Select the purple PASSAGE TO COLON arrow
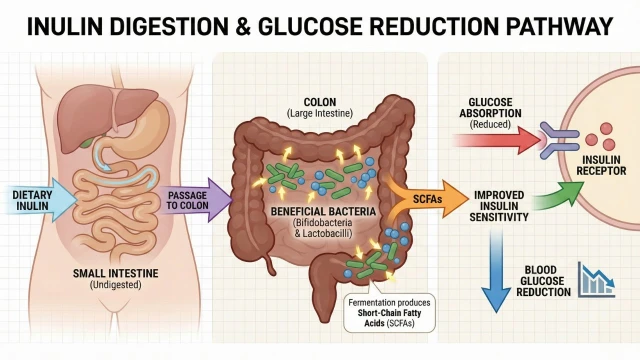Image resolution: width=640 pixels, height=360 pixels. click(195, 200)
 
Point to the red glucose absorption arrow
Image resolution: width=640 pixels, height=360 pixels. click(498, 141)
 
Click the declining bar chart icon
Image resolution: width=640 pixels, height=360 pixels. click(596, 280)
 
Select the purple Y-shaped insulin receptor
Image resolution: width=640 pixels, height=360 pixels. click(559, 140)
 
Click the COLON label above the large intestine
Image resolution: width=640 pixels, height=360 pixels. click(320, 102)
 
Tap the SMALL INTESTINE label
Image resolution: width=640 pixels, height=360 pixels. click(116, 273)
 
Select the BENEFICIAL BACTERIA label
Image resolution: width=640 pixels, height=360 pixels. click(323, 211)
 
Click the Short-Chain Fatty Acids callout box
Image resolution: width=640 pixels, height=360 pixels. click(389, 313)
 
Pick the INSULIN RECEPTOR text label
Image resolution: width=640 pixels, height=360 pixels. click(601, 165)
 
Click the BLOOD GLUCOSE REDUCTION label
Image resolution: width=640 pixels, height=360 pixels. click(543, 281)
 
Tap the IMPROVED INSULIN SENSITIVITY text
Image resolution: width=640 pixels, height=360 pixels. click(499, 206)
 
